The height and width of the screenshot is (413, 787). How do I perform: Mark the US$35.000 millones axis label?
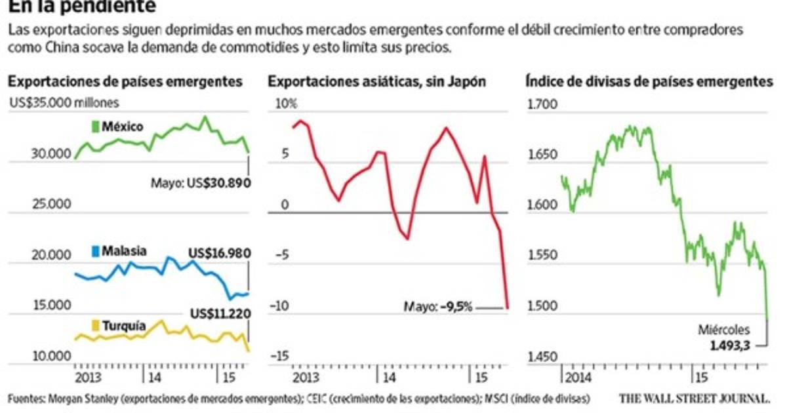coord(63,102)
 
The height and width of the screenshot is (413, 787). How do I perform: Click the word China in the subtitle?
coord(50,47)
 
